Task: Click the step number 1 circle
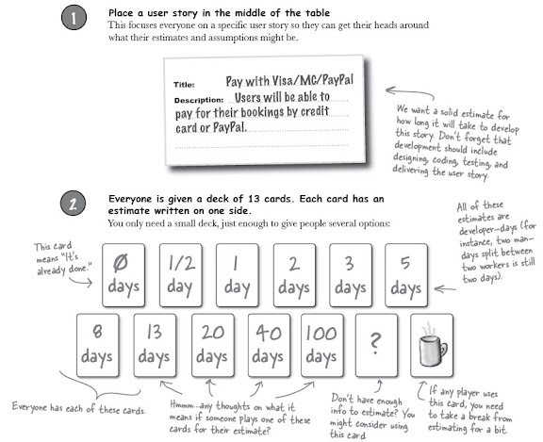(x=74, y=18)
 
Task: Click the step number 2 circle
(x=74, y=204)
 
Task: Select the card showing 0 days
(x=123, y=275)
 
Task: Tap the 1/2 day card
(x=181, y=275)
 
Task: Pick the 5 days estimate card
(x=406, y=275)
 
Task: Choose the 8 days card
(x=97, y=345)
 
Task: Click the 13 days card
(x=155, y=345)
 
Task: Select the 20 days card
(x=213, y=345)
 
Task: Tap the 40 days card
(x=269, y=345)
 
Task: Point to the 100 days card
(x=322, y=345)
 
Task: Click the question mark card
(x=376, y=345)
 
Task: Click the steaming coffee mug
(x=432, y=346)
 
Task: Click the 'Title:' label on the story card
(x=184, y=85)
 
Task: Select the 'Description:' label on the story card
(x=199, y=101)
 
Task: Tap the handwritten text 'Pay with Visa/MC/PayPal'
(x=289, y=81)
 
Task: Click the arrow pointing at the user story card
(x=410, y=91)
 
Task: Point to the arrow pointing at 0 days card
(x=81, y=281)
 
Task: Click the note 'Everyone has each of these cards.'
(x=78, y=408)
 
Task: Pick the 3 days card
(x=351, y=275)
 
